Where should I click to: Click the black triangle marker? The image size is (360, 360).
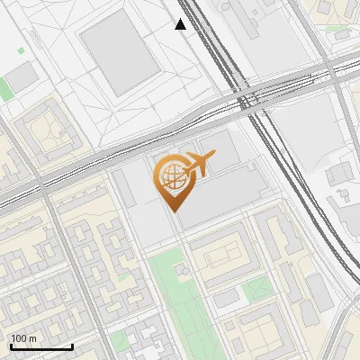click(x=181, y=24)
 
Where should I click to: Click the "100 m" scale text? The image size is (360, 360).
click(x=24, y=338)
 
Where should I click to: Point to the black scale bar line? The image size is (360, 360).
click(x=41, y=346)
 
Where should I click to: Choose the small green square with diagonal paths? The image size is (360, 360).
click(x=258, y=288)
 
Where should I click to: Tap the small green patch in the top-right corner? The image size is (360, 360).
click(x=337, y=27)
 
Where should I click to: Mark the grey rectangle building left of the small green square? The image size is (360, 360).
click(x=227, y=294)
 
